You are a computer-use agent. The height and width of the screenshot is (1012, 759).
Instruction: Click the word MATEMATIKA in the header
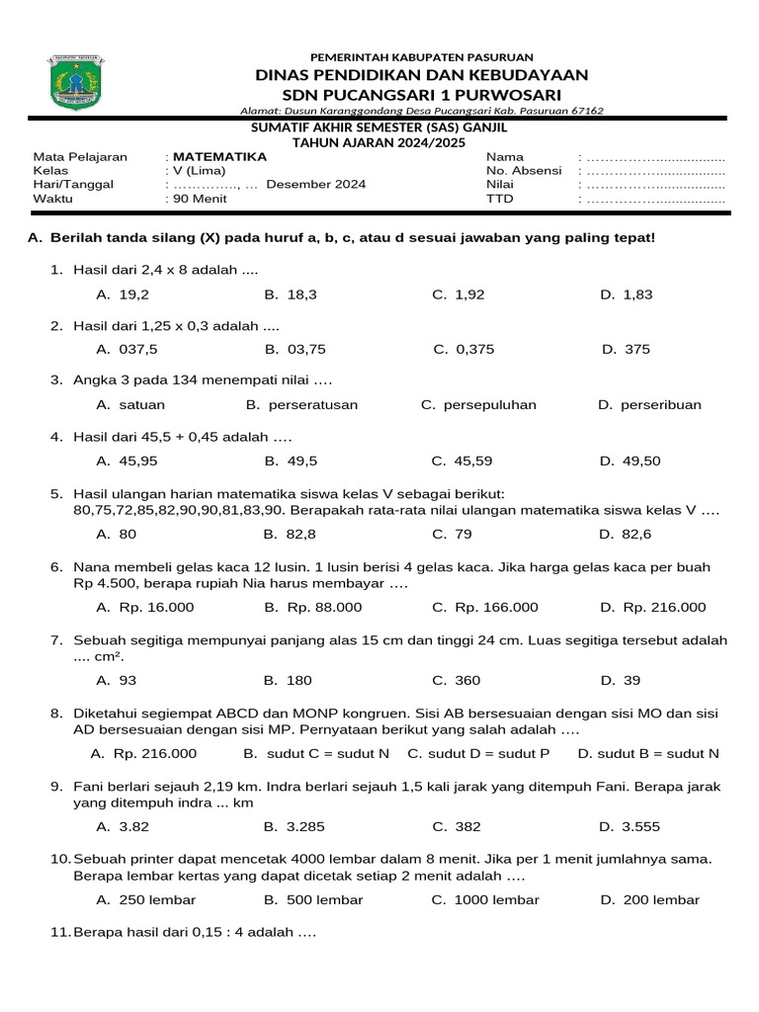(x=219, y=157)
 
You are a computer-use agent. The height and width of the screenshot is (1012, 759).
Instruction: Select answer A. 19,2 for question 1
(x=123, y=295)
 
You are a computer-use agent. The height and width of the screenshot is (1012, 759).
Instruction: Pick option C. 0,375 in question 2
(x=464, y=349)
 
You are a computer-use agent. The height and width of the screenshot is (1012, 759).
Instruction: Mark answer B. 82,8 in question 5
(x=290, y=534)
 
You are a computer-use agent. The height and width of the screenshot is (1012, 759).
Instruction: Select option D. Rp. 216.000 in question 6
(x=652, y=607)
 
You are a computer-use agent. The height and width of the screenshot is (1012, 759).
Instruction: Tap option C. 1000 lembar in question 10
(x=485, y=899)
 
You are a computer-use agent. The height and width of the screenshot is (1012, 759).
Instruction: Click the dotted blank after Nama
(x=655, y=158)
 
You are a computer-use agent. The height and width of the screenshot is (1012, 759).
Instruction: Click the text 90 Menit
(x=200, y=199)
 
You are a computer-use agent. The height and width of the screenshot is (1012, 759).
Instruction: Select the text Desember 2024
(x=315, y=185)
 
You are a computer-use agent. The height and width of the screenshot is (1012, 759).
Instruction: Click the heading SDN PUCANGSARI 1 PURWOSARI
(x=422, y=94)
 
